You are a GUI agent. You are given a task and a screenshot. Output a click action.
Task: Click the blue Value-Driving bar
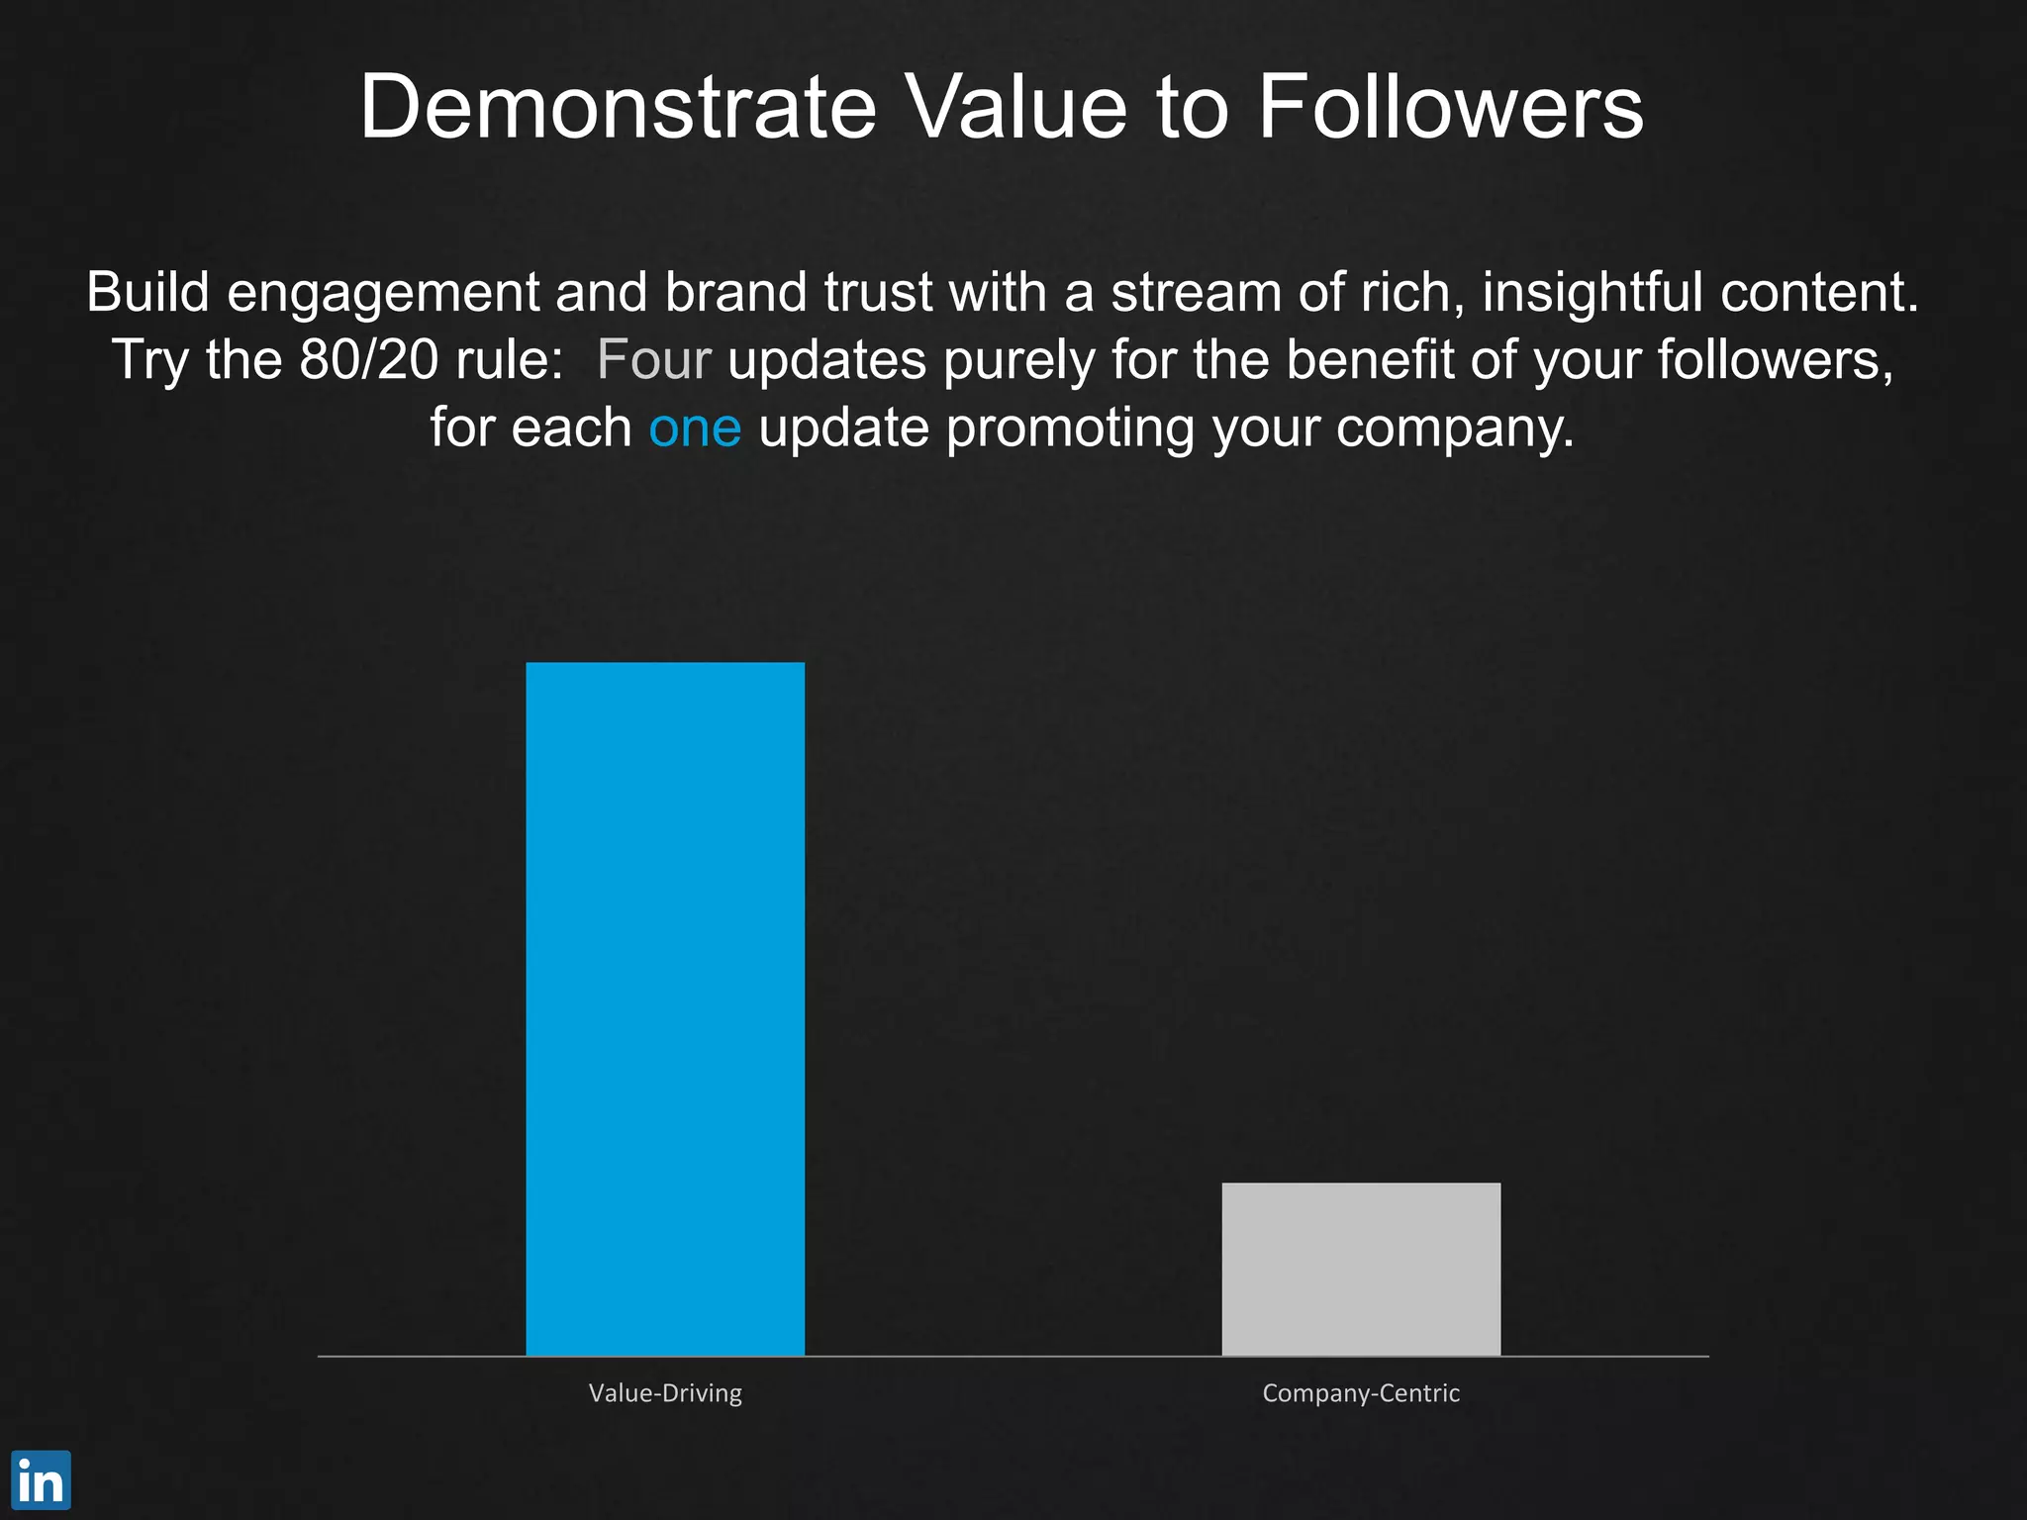click(x=665, y=1008)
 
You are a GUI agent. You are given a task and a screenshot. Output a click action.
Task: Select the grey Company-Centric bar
click(x=1361, y=1269)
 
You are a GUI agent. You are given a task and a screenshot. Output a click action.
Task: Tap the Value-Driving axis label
click(x=665, y=1393)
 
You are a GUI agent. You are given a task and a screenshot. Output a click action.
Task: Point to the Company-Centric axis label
click(x=1361, y=1393)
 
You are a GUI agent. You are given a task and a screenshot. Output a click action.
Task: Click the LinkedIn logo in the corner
click(x=41, y=1480)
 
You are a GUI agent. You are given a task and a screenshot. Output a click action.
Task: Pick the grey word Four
click(x=653, y=359)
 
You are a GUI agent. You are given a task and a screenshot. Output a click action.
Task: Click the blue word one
click(x=695, y=427)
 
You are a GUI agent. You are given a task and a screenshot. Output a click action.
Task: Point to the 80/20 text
click(x=369, y=359)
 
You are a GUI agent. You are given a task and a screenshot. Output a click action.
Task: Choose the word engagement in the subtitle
click(x=382, y=294)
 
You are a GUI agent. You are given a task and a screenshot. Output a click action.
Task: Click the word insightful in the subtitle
click(x=1593, y=292)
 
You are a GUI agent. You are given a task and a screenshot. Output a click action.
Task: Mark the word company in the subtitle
click(x=1454, y=429)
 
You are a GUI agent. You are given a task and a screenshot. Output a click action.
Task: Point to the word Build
click(x=147, y=292)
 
